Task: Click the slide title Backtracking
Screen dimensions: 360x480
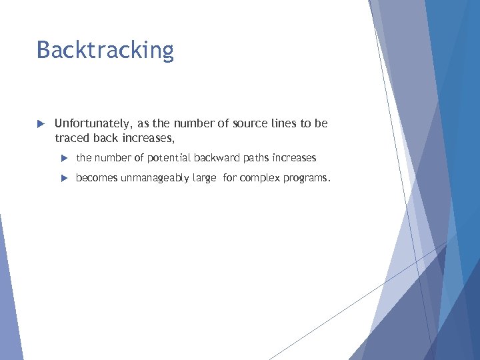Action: (105, 50)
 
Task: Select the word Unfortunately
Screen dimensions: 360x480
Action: (93, 124)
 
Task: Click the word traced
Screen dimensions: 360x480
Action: (71, 139)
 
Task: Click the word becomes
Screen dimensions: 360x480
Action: (97, 178)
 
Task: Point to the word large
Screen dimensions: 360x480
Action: (204, 179)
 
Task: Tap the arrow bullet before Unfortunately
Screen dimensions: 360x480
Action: (40, 124)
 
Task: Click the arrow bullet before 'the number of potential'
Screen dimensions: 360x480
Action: (64, 158)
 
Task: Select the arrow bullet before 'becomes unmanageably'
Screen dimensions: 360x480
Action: (64, 178)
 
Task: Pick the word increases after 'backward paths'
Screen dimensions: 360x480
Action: (294, 158)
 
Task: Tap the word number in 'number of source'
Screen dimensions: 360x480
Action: (193, 124)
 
